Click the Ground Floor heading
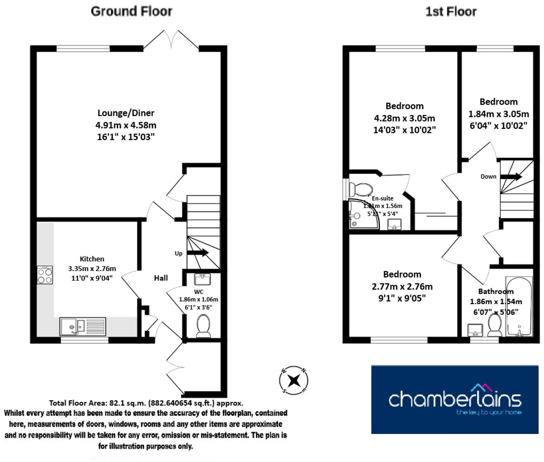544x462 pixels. coord(131,11)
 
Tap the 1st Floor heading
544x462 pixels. coord(451,12)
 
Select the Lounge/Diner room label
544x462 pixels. coord(126,113)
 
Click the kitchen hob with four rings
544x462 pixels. coord(45,275)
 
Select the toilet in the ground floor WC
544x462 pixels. coord(203,326)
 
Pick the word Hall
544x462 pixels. coord(161,278)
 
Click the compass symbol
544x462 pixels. coord(294,380)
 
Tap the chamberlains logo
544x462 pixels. coord(455,399)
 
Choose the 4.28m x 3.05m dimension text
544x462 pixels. coord(404,118)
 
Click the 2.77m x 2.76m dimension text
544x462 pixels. coord(402,286)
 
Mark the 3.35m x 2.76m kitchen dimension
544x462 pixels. coord(92,268)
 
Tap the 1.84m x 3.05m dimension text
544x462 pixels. coord(498,114)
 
